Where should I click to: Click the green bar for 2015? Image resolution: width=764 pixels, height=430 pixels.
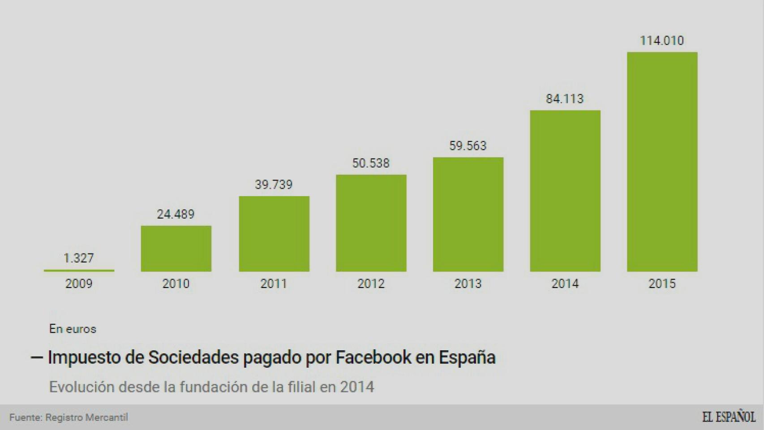(x=662, y=161)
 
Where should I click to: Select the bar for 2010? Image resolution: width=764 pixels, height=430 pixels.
(x=176, y=249)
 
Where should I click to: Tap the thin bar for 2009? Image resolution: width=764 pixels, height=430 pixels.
(x=79, y=271)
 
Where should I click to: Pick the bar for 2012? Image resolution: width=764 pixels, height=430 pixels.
(x=371, y=223)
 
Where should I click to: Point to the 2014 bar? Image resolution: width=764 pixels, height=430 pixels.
(x=565, y=191)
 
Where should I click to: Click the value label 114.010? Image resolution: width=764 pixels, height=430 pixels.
(x=662, y=41)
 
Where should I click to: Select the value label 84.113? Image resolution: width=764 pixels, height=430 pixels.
(x=565, y=99)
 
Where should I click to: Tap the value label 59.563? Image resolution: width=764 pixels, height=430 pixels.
(x=468, y=146)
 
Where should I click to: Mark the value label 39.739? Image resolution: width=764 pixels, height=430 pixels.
(x=274, y=185)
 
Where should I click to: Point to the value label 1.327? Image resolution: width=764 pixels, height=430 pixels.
(x=79, y=258)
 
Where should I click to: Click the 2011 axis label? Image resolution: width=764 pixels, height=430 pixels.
(x=274, y=284)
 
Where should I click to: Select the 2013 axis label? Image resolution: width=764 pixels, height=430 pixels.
(x=468, y=284)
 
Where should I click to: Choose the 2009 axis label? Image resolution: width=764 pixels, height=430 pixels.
(x=79, y=284)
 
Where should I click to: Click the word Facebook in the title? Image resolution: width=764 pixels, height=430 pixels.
(x=373, y=357)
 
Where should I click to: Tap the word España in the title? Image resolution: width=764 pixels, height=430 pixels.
(x=467, y=357)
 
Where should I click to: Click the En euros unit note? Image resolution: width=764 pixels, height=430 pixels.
(x=73, y=329)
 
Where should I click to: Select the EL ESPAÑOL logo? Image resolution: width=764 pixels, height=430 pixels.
(x=729, y=417)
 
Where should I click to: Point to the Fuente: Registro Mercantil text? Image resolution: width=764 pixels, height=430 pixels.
(x=69, y=417)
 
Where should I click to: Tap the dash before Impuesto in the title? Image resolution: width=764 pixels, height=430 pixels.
(x=37, y=357)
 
